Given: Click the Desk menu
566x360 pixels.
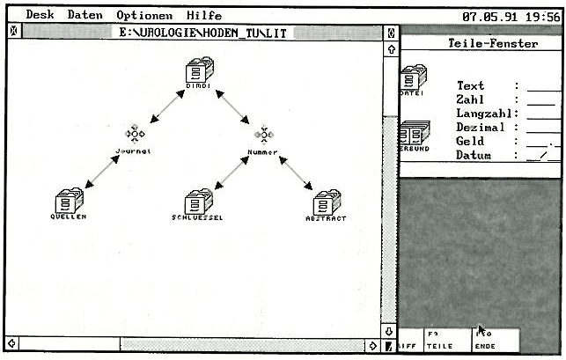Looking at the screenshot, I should (x=40, y=15).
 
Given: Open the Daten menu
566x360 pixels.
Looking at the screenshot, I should (x=85, y=15).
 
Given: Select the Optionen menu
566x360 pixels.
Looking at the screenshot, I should (x=143, y=15).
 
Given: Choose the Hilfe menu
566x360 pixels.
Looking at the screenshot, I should (x=203, y=15).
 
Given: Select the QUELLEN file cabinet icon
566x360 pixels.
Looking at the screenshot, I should (x=67, y=200).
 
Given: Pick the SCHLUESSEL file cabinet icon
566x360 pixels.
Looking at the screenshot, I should (x=198, y=201).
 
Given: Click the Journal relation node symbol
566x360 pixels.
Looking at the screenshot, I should (x=135, y=133).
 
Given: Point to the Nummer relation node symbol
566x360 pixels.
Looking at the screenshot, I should (x=263, y=134).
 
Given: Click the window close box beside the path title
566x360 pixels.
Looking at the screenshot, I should (x=12, y=33).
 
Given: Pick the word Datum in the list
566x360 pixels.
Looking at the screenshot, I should (x=474, y=155).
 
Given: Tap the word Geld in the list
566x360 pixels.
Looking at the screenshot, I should (x=471, y=141).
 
